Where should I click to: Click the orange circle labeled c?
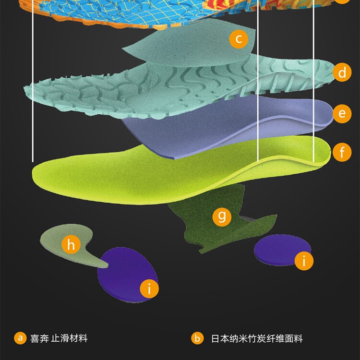coord(239,38)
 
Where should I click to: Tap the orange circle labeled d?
coord(342,72)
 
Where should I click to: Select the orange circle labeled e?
coord(342,113)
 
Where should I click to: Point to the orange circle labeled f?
coord(342,153)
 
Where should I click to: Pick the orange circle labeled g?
coord(222,216)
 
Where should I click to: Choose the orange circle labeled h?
coord(71,245)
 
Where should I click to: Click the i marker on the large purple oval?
coord(149,289)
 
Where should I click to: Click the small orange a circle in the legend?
coord(20,338)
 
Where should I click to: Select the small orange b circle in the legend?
coord(197,338)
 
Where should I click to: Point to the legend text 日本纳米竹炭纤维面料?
coord(257,338)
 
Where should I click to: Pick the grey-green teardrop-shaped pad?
coord(53,238)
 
